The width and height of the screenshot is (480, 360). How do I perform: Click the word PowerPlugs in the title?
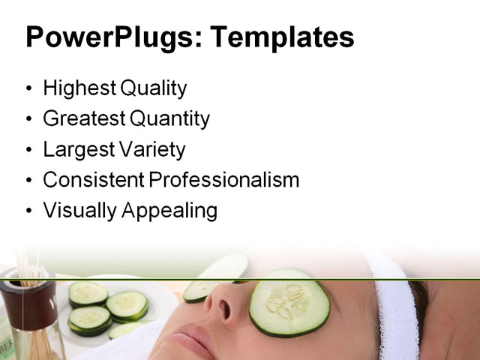point(109,37)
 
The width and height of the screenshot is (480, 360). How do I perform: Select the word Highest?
point(79,88)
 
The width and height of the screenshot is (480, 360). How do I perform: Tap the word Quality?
point(151,88)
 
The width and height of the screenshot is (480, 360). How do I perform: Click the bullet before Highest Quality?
point(29,89)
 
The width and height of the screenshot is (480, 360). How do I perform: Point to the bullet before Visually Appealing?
point(29,211)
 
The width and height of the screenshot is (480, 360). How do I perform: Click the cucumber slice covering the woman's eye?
point(289,302)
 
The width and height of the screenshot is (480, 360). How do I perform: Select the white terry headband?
point(394,307)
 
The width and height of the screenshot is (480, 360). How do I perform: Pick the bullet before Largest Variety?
point(29,150)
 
